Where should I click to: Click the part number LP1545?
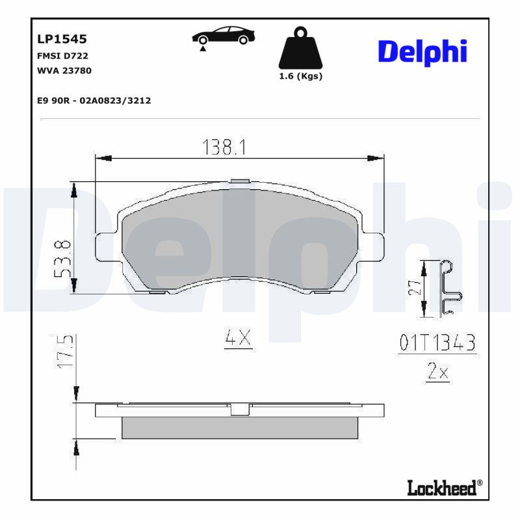point(62,40)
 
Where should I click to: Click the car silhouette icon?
point(223,36)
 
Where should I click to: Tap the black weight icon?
point(300,48)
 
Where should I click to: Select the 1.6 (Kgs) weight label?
point(300,76)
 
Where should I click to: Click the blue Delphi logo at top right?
point(422,51)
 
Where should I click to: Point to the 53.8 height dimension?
point(62,258)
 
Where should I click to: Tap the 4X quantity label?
point(238,338)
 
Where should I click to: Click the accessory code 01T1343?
point(437,343)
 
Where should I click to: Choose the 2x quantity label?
point(437,372)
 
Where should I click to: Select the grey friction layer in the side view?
point(240,427)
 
